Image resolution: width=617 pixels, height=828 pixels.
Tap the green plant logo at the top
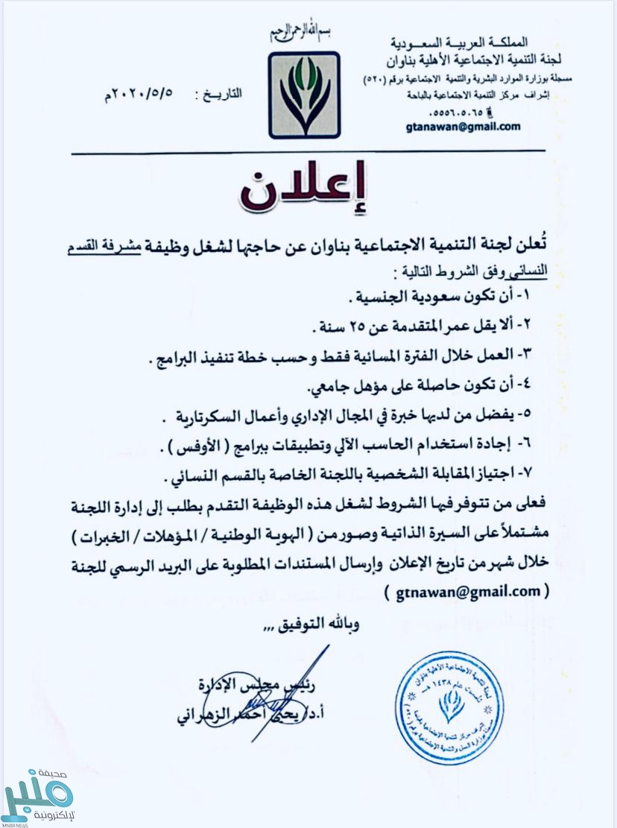point(304,95)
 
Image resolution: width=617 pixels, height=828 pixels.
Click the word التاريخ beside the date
point(223,96)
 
